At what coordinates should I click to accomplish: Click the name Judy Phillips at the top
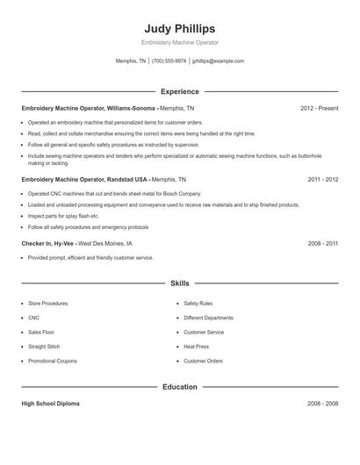(179, 28)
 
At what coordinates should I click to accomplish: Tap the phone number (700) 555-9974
(169, 61)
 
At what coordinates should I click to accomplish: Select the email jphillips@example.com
(218, 61)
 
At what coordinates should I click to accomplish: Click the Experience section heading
(179, 91)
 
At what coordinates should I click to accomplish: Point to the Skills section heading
(179, 284)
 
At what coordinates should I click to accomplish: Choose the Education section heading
(179, 386)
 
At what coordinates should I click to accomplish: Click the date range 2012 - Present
(319, 109)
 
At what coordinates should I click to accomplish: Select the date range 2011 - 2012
(322, 179)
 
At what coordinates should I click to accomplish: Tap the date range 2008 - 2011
(322, 243)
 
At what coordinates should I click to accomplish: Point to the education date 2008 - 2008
(322, 404)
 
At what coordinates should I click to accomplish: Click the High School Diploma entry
(50, 404)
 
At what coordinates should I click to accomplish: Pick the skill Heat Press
(196, 347)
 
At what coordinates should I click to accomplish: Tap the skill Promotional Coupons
(53, 361)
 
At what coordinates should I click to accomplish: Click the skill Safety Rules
(198, 304)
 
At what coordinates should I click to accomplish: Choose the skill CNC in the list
(33, 318)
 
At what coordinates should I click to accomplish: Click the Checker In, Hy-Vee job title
(47, 243)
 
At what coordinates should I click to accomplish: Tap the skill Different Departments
(208, 318)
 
